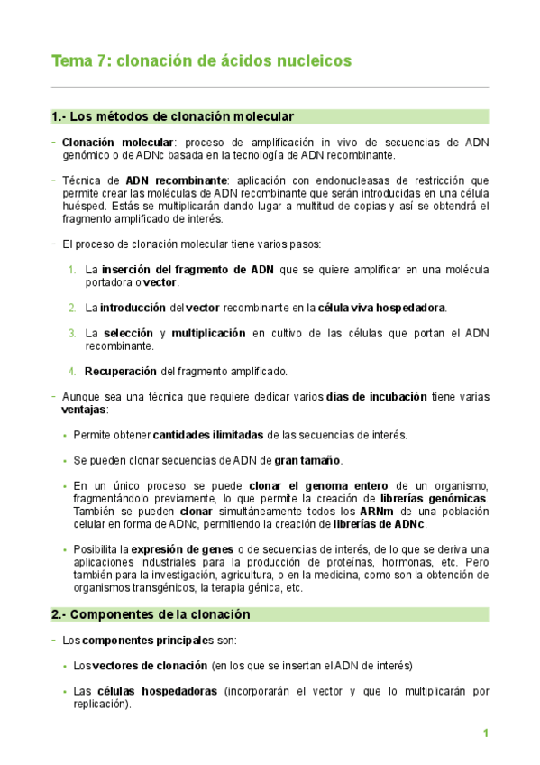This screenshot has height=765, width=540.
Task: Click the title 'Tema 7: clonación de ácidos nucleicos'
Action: click(x=201, y=60)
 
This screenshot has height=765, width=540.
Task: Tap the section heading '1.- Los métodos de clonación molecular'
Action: click(x=172, y=116)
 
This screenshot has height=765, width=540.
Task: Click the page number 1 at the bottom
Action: click(x=485, y=733)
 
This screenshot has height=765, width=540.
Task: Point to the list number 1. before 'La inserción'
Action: click(x=72, y=270)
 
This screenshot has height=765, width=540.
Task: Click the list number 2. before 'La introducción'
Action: click(x=72, y=308)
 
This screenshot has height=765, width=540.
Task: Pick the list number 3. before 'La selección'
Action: click(x=72, y=333)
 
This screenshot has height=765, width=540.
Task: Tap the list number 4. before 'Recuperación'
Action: click(x=72, y=371)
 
